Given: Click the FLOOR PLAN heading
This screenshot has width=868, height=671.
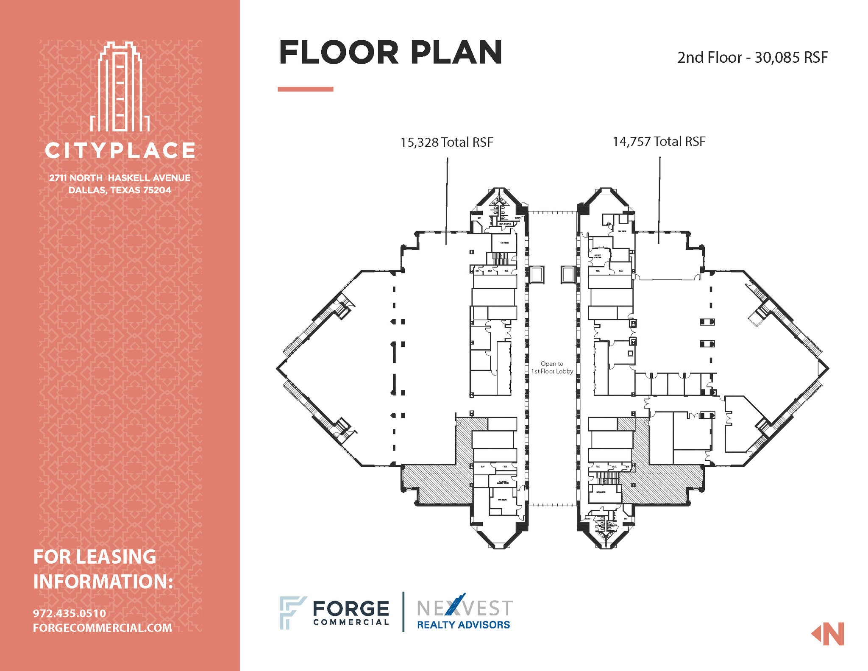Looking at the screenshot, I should pyautogui.click(x=390, y=53).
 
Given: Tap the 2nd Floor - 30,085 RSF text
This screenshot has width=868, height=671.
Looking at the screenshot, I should pyautogui.click(x=752, y=58).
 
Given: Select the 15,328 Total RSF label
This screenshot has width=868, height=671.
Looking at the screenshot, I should pyautogui.click(x=447, y=142).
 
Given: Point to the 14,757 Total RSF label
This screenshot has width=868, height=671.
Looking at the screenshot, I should pyautogui.click(x=659, y=142).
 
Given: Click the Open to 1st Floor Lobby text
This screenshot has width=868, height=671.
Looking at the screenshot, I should pyautogui.click(x=552, y=368).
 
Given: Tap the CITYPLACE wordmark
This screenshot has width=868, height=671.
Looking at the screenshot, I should pyautogui.click(x=120, y=150).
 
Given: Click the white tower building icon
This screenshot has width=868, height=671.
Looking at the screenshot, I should pyautogui.click(x=120, y=87).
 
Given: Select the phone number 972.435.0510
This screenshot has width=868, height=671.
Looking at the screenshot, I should pyautogui.click(x=70, y=613).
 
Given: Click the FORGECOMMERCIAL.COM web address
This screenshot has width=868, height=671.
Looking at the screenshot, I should pyautogui.click(x=103, y=628).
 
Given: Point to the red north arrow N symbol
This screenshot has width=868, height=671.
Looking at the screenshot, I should pyautogui.click(x=828, y=634).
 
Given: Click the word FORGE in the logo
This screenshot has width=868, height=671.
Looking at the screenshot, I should pyautogui.click(x=351, y=609).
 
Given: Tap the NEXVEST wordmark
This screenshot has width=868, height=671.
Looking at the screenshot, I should pyautogui.click(x=465, y=607).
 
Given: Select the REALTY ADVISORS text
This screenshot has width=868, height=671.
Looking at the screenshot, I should pyautogui.click(x=463, y=625).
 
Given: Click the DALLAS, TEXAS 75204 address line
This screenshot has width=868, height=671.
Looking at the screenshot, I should pyautogui.click(x=120, y=190).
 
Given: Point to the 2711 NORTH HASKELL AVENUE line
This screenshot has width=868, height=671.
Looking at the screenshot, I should pyautogui.click(x=120, y=178).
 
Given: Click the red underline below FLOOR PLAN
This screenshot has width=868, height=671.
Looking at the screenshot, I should pyautogui.click(x=305, y=89).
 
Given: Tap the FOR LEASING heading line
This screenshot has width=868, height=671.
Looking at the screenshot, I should pyautogui.click(x=95, y=557).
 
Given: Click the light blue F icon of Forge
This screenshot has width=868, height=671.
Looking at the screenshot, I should pyautogui.click(x=292, y=613).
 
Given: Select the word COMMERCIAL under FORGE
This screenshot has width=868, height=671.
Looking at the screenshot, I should pyautogui.click(x=351, y=622).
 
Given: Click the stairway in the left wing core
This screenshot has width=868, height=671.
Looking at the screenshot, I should pyautogui.click(x=500, y=258).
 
